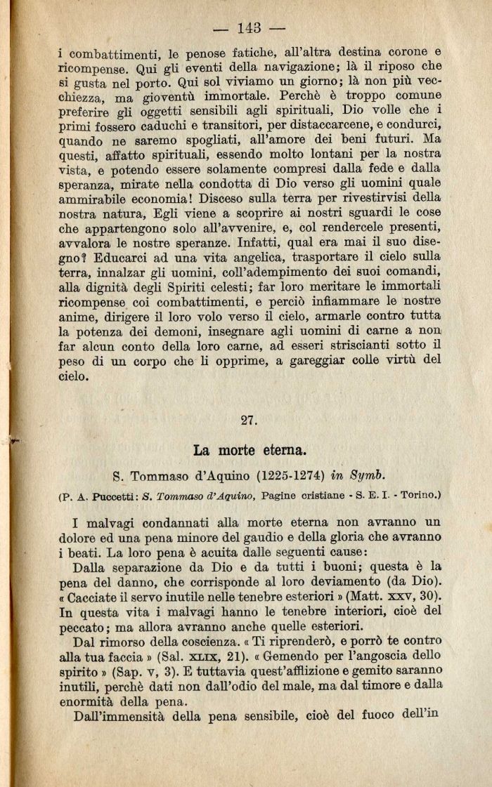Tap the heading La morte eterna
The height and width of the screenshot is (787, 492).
point(248,448)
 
